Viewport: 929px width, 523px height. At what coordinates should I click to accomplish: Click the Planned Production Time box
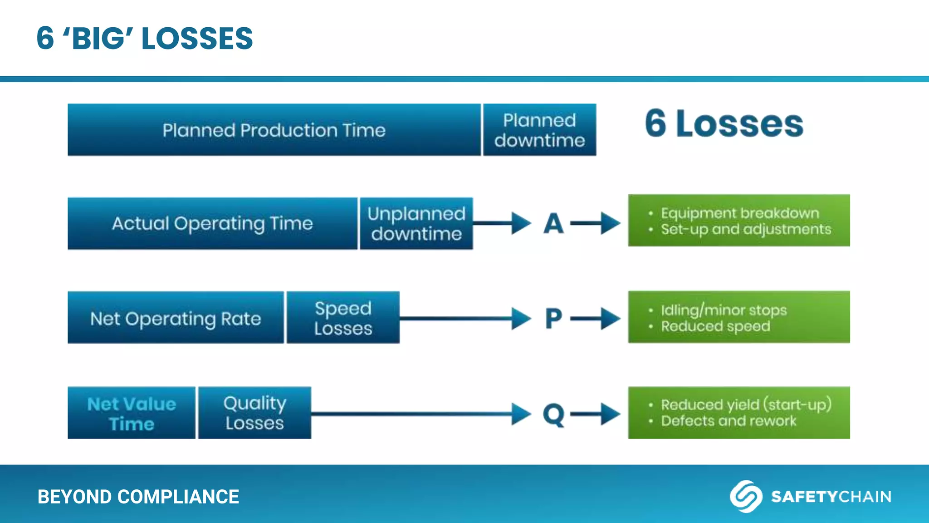[274, 130]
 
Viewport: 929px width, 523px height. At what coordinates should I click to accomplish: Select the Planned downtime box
[539, 130]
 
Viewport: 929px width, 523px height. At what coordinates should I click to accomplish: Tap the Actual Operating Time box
[212, 223]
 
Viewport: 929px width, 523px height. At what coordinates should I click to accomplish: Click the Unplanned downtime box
[416, 223]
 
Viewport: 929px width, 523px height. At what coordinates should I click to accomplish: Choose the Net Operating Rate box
[176, 318]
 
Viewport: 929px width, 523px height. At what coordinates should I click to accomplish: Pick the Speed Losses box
[343, 318]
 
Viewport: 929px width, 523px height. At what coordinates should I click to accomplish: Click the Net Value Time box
[132, 413]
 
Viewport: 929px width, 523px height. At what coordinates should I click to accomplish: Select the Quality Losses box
[254, 413]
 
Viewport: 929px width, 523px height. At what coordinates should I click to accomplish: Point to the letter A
[553, 224]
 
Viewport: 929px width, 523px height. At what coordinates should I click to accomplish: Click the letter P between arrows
[553, 319]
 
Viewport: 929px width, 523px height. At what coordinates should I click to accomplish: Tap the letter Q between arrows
[553, 414]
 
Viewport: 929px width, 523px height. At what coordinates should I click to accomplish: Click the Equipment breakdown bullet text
[739, 213]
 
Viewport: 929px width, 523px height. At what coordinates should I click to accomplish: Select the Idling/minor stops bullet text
[723, 310]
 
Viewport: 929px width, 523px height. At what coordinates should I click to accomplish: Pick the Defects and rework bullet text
[728, 421]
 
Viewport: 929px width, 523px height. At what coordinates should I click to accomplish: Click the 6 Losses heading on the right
[724, 123]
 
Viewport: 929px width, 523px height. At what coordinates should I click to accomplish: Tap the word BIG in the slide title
[98, 39]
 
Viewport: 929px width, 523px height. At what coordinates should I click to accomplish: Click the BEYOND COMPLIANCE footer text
[138, 497]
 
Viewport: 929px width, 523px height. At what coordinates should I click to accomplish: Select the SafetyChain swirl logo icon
[745, 496]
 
